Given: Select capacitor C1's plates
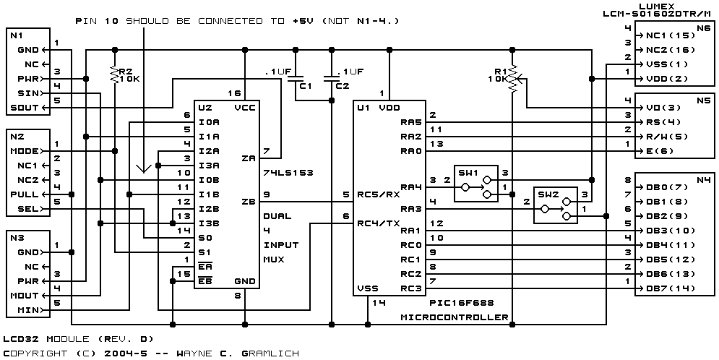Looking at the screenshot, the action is point(296,78).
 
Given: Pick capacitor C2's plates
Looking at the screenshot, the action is point(332,78).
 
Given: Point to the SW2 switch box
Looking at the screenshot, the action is point(555,205).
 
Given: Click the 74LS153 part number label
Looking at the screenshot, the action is point(288,173).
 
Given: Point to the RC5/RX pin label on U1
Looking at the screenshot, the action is point(379,194).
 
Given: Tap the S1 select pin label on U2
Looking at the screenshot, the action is point(204,253).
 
